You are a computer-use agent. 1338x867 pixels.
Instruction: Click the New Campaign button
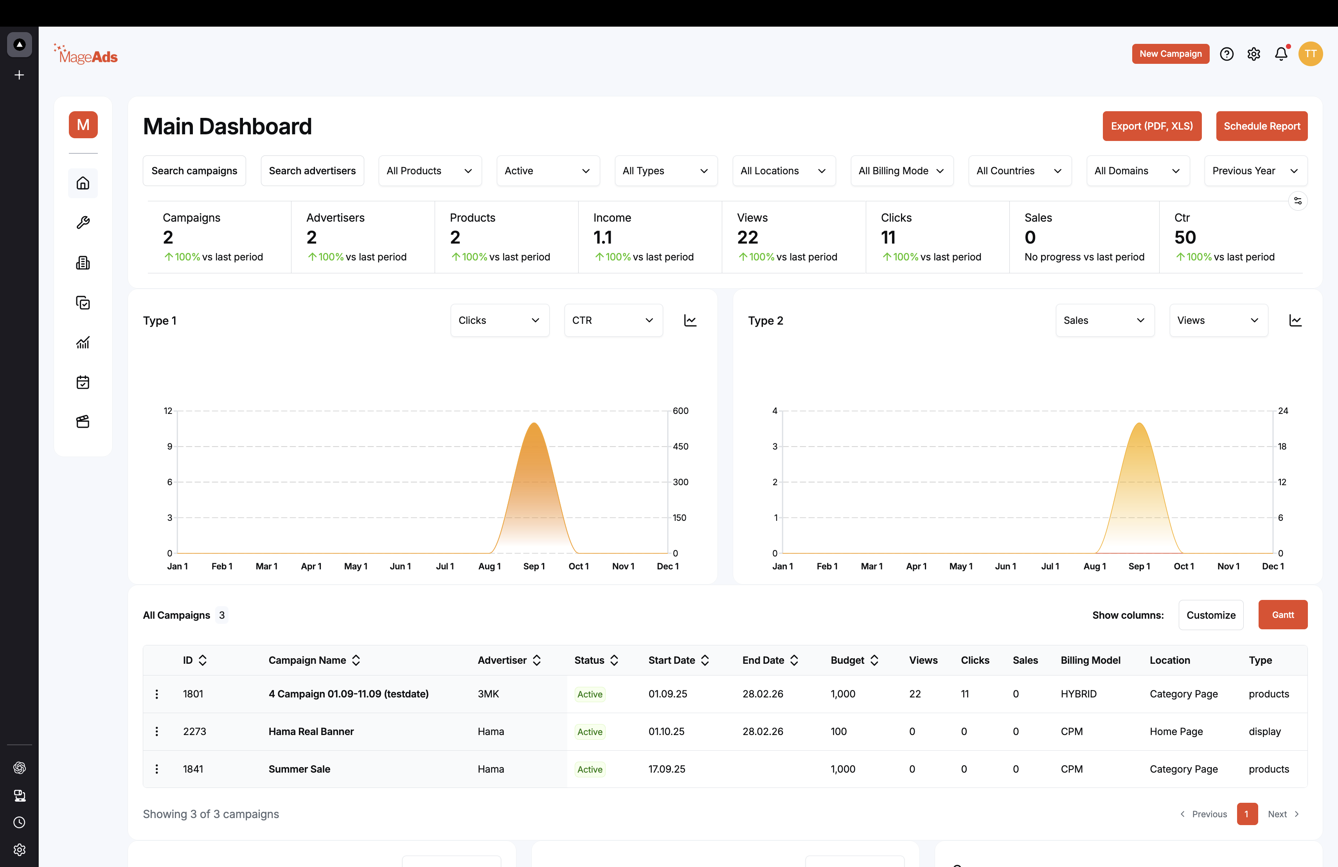[x=1171, y=54]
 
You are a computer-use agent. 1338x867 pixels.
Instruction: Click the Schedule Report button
[x=1262, y=126]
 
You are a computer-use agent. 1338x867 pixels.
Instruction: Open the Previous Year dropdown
[x=1255, y=171]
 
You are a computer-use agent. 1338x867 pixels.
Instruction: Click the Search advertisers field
[x=312, y=171]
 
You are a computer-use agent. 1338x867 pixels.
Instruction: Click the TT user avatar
[x=1311, y=54]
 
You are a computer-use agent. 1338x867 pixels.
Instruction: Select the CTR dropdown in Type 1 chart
[x=613, y=320]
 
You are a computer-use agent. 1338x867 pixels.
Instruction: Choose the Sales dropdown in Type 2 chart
[x=1105, y=320]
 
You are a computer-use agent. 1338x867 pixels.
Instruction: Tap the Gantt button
[x=1283, y=615]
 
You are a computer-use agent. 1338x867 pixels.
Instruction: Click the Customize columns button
[x=1211, y=615]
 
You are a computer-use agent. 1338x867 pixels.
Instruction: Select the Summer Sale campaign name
[x=299, y=769]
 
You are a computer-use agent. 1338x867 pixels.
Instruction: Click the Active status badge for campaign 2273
[x=590, y=732]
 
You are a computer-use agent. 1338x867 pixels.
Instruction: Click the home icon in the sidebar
[x=83, y=183]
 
